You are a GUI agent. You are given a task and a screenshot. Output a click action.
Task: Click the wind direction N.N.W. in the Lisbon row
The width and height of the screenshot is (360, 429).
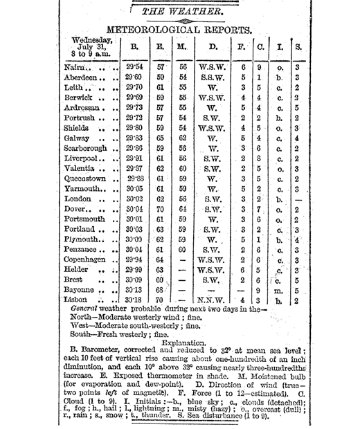(212, 301)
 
